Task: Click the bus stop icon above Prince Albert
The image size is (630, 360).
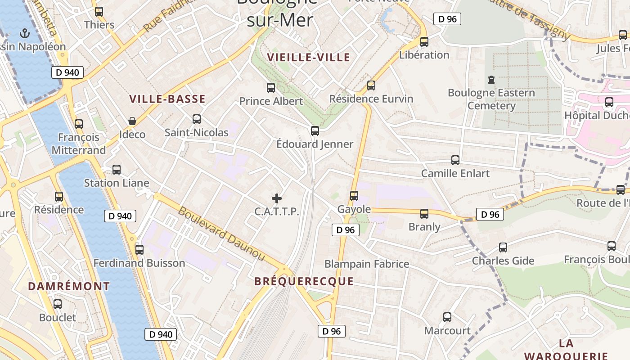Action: (x=270, y=88)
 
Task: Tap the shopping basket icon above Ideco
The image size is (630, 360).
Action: (x=132, y=121)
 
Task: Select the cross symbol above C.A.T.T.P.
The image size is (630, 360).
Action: (x=277, y=198)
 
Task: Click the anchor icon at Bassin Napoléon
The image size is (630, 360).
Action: (x=25, y=33)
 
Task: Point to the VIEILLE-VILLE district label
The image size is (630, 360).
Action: (x=308, y=57)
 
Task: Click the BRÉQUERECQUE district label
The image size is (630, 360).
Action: (x=304, y=281)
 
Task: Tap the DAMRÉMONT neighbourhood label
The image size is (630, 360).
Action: (x=69, y=286)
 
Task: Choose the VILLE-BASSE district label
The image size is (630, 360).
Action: (x=167, y=99)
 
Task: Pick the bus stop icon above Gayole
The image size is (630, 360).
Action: (x=354, y=196)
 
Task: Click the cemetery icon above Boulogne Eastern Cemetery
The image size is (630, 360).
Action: (x=491, y=80)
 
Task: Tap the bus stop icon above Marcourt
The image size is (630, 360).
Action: (x=447, y=317)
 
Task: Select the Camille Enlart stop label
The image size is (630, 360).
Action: (x=455, y=173)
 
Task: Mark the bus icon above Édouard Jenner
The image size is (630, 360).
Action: (x=315, y=131)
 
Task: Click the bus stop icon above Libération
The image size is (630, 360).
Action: (x=424, y=42)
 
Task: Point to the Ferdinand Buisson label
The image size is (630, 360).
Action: (x=139, y=263)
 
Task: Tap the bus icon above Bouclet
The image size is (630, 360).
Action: (x=58, y=304)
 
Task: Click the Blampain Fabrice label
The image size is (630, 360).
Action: (x=367, y=264)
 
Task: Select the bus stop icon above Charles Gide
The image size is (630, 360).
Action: (x=503, y=247)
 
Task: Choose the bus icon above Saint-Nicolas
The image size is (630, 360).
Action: (x=196, y=119)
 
